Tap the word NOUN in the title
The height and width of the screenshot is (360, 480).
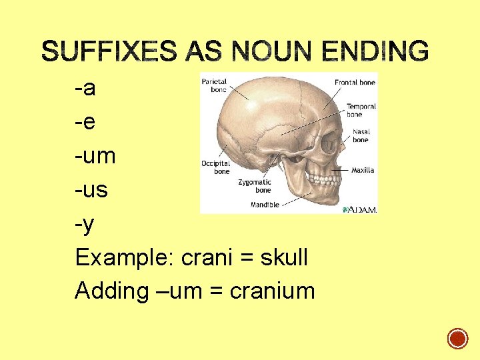[267, 51]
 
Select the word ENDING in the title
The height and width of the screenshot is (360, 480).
[375, 51]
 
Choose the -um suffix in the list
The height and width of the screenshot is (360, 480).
[95, 157]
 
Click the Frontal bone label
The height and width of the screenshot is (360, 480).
[355, 83]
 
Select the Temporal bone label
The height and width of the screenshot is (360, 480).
[361, 110]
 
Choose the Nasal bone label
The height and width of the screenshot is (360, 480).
[361, 136]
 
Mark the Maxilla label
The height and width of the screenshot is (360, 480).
[363, 170]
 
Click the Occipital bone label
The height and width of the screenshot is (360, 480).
[216, 167]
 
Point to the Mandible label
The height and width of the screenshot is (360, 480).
[265, 205]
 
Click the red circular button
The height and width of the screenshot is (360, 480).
[457, 339]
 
